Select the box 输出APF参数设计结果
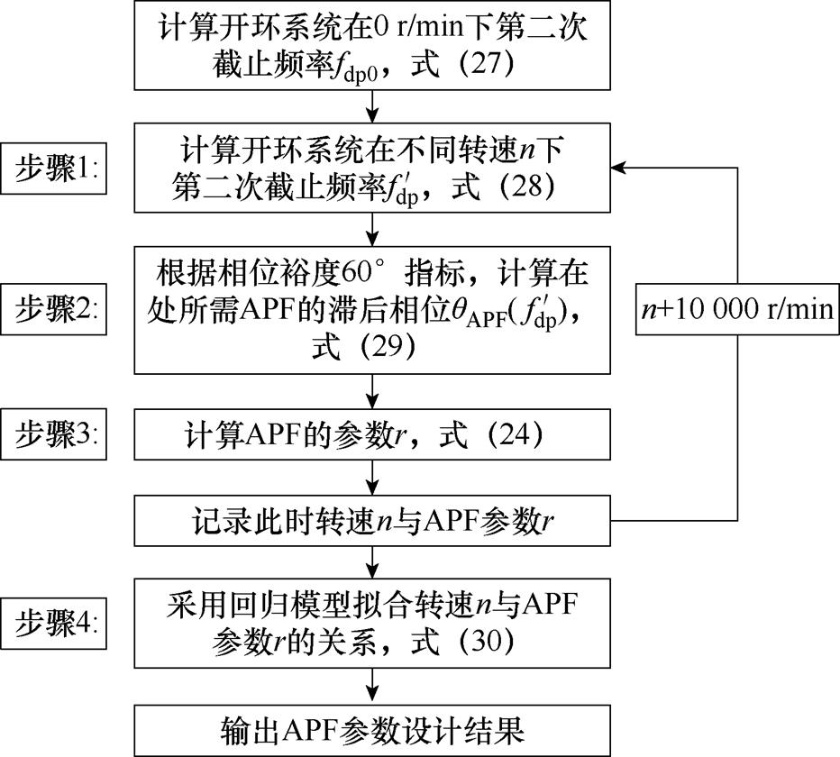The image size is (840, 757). pos(372,728)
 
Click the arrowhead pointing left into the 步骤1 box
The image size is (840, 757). pos(617,167)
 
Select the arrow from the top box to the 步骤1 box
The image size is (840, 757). pos(372,106)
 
